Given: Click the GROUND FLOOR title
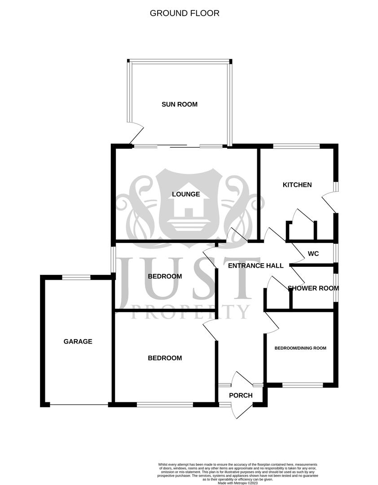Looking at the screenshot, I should (x=185, y=13).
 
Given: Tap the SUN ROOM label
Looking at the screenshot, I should (x=180, y=104).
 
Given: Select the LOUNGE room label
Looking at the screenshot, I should (x=186, y=194).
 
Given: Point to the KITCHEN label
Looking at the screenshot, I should (x=297, y=185).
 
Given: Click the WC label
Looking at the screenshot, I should (x=313, y=254).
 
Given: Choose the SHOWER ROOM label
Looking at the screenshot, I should (x=313, y=288).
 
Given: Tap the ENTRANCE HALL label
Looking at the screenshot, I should (x=255, y=265).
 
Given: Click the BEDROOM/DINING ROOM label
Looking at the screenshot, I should (x=300, y=348).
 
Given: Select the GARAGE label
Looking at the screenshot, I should (x=78, y=341).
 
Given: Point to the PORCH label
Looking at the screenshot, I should (x=241, y=396).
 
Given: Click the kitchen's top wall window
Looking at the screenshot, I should (x=296, y=146).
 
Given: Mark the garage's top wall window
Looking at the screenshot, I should (x=76, y=277).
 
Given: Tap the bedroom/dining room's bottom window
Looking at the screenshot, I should (x=303, y=385).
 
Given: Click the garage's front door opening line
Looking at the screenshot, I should (x=79, y=405).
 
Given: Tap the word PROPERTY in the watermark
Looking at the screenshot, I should (x=190, y=311).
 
